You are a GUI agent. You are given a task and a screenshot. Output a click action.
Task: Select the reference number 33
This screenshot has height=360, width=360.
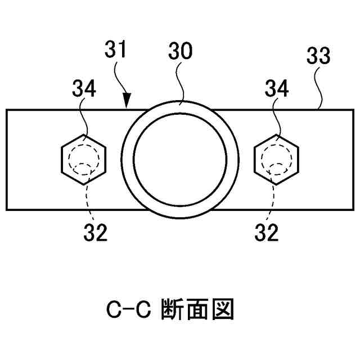pyautogui.click(x=318, y=57)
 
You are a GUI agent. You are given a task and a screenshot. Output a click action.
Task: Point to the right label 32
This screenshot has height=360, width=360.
pyautogui.click(x=266, y=232)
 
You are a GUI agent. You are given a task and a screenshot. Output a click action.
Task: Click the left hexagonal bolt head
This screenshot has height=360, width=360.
pyautogui.click(x=83, y=159)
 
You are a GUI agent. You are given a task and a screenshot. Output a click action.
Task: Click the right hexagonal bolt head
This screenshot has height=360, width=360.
pyautogui.click(x=277, y=159)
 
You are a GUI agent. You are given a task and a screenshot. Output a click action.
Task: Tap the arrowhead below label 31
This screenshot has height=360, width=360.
pyautogui.click(x=128, y=103)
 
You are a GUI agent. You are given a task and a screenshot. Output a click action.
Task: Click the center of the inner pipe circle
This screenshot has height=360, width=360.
pyautogui.click(x=179, y=159)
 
